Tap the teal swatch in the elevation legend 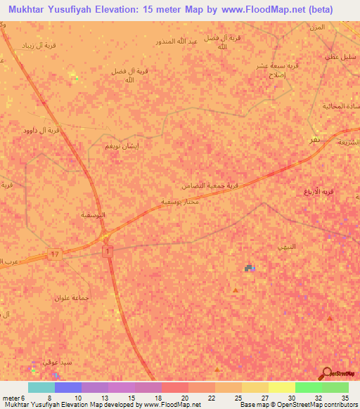tap(41, 387)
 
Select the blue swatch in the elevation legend tap(68, 387)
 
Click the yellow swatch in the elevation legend tap(281, 387)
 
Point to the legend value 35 tap(345, 397)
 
